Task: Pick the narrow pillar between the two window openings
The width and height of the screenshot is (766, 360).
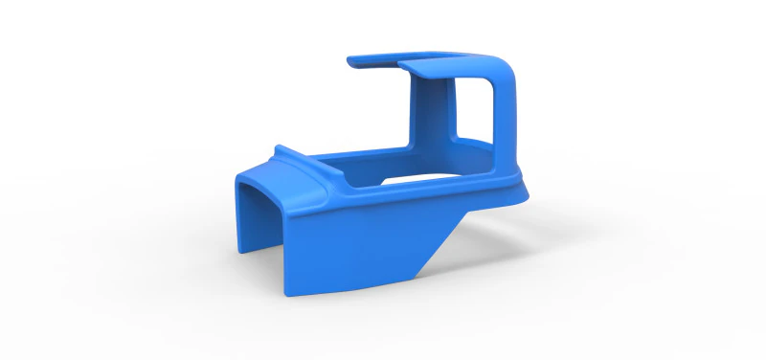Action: pos(449,110)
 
